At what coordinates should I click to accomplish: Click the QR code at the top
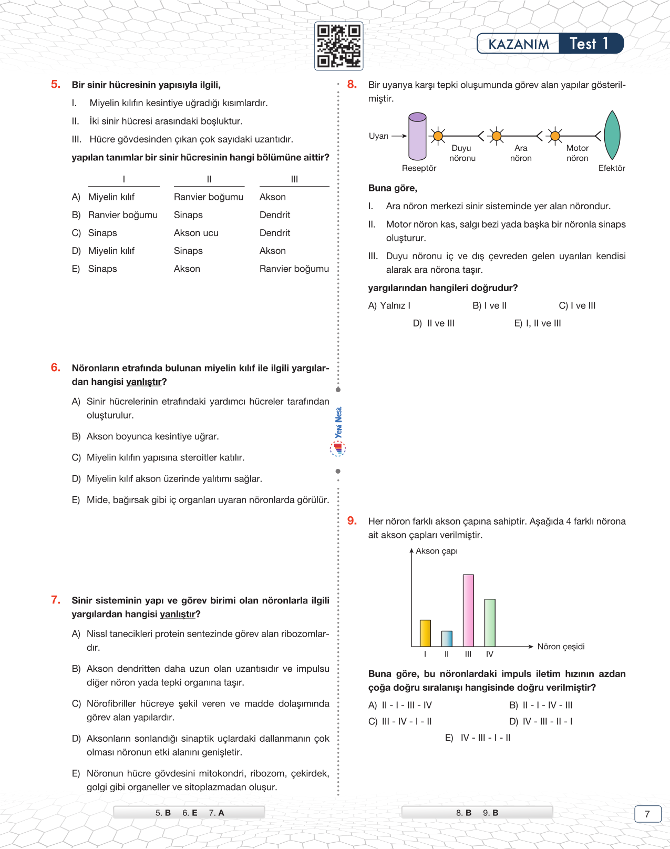click(339, 46)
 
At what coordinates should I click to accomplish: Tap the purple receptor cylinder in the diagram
click(417, 136)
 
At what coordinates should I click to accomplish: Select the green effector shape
click(612, 135)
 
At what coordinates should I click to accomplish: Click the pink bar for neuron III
click(468, 610)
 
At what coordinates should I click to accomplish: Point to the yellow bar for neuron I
click(425, 633)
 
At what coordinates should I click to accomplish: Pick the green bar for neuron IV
click(490, 622)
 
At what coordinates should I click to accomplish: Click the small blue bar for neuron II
click(447, 639)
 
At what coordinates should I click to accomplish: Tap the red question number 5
click(56, 85)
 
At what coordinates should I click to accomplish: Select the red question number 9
click(352, 521)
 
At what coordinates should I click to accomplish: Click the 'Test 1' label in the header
click(589, 44)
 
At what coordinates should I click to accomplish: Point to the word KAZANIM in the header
click(518, 44)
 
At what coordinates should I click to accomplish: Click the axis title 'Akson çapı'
click(437, 551)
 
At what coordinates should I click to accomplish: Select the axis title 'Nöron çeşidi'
click(561, 647)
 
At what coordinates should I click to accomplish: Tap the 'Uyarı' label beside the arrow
click(378, 136)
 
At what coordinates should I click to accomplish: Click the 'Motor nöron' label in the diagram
click(577, 153)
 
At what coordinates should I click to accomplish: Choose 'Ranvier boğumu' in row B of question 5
click(123, 215)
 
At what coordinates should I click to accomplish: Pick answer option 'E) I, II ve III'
click(538, 323)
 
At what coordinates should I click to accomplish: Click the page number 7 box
click(647, 814)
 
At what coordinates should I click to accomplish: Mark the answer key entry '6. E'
click(190, 813)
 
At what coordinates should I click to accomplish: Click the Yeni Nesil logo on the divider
click(338, 431)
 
